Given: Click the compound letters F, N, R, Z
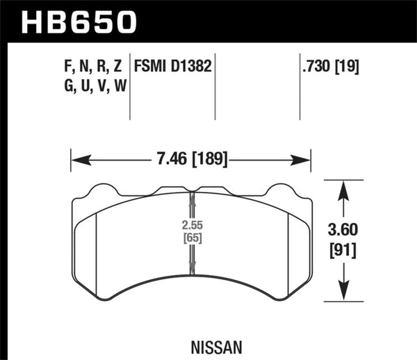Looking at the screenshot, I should coord(88,67).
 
